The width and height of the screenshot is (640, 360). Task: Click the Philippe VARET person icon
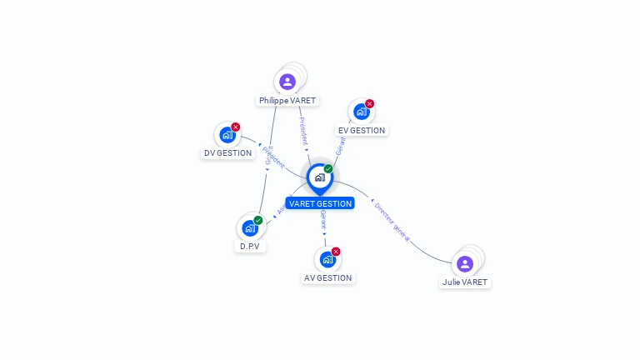[287, 82]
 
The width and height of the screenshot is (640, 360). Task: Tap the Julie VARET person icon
[465, 264]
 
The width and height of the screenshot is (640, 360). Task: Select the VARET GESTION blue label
[320, 203]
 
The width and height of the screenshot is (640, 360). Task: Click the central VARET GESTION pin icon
[319, 177]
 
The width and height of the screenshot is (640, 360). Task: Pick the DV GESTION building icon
[227, 135]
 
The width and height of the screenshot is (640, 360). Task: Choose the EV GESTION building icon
[361, 112]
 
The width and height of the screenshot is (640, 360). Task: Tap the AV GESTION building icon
[327, 259]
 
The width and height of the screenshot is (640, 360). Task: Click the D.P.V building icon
[249, 227]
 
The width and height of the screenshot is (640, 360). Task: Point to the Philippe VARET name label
[287, 101]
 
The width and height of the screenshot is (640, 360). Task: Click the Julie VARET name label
[465, 282]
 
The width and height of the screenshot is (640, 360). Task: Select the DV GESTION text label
[227, 153]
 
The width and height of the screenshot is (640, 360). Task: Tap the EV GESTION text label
[362, 131]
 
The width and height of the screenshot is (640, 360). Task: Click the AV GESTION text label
[327, 278]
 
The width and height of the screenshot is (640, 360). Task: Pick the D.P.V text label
[249, 247]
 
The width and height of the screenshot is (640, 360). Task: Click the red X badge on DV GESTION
[236, 127]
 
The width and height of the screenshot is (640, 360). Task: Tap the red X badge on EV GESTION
[370, 104]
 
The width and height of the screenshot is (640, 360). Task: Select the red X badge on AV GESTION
[336, 251]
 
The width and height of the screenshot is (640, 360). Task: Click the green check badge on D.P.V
[258, 220]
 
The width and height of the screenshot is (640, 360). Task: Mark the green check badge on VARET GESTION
[328, 169]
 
